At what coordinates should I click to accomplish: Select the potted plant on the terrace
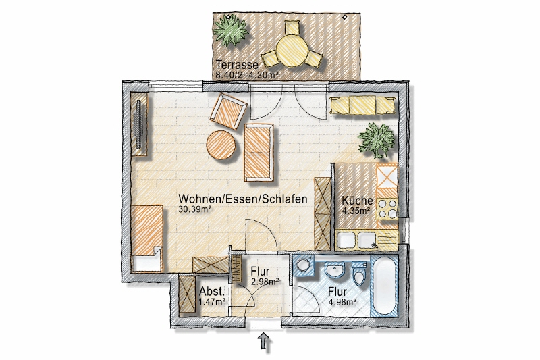230,31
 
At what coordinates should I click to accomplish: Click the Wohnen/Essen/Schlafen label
243,199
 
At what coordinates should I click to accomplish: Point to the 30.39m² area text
194,209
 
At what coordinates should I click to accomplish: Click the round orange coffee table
222,145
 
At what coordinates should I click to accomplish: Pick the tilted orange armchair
229,111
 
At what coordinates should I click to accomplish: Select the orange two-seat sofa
259,153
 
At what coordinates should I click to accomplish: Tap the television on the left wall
139,124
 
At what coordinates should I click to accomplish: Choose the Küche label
357,201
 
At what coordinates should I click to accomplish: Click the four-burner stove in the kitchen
387,209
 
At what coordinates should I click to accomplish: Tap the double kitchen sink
357,240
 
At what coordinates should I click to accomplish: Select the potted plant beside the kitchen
377,140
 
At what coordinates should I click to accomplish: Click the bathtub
385,286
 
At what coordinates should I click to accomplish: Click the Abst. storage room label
212,292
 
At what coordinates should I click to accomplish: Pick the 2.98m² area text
265,282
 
